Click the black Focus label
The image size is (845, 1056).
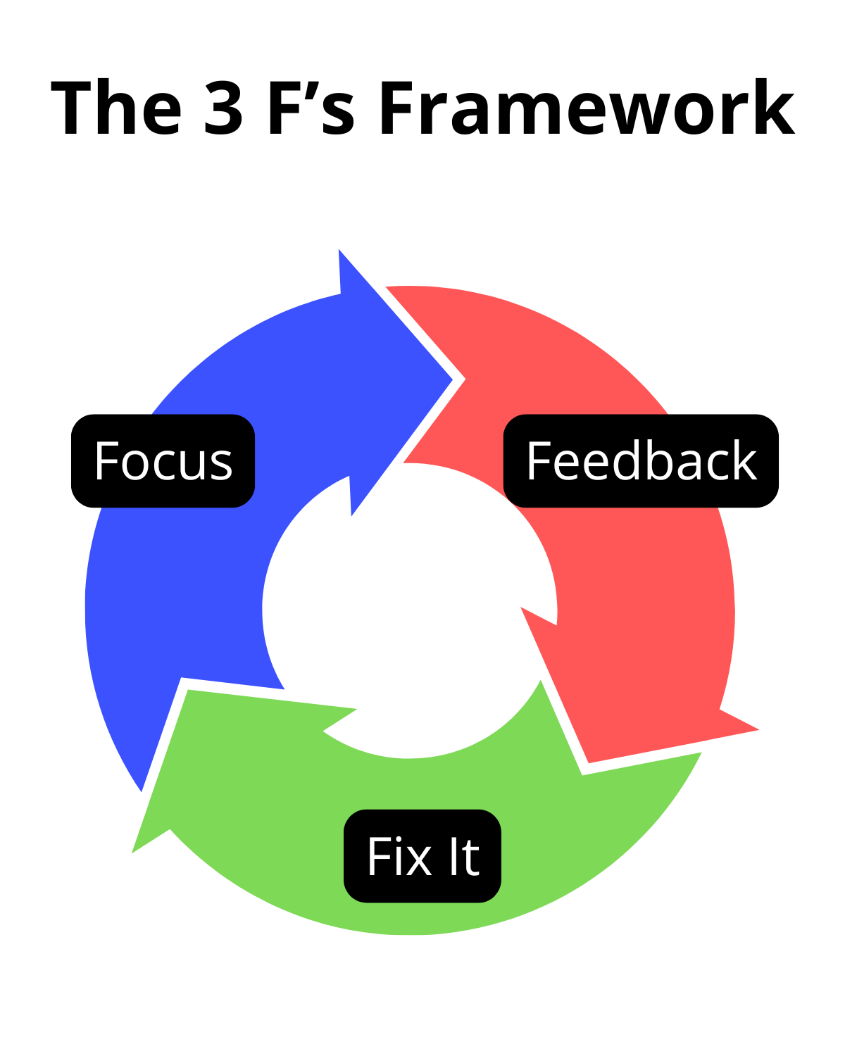click(x=163, y=460)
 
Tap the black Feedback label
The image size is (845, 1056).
click(x=641, y=460)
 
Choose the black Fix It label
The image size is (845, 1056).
click(x=423, y=856)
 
